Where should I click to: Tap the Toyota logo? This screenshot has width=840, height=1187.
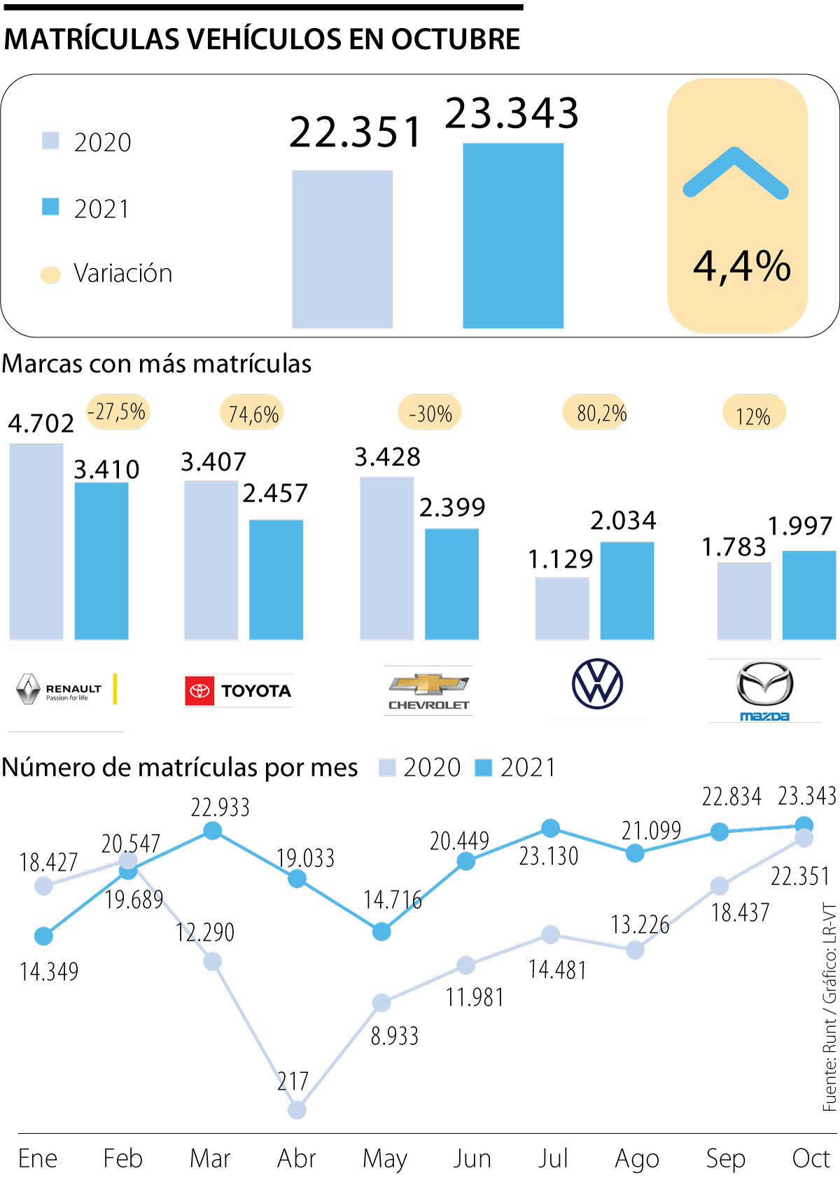(238, 691)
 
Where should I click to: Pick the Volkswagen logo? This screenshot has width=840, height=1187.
(597, 684)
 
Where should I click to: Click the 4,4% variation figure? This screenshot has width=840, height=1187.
(741, 267)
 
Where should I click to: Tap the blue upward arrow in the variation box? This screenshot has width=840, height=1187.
(736, 173)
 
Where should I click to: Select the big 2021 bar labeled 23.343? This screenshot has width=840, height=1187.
(513, 235)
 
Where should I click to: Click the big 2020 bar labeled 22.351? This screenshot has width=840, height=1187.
(342, 248)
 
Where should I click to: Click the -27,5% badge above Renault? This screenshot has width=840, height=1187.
(117, 412)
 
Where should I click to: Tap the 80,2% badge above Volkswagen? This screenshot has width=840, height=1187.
(601, 414)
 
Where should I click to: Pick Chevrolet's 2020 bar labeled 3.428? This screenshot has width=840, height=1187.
(386, 558)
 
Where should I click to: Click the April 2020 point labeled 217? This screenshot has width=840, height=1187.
(297, 1110)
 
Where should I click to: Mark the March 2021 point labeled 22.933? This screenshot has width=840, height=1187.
(213, 831)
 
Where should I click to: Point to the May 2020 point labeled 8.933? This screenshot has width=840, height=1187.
(381, 1003)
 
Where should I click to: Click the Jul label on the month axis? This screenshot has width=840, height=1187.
(552, 1158)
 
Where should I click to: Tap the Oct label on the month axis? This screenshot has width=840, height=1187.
(811, 1158)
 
